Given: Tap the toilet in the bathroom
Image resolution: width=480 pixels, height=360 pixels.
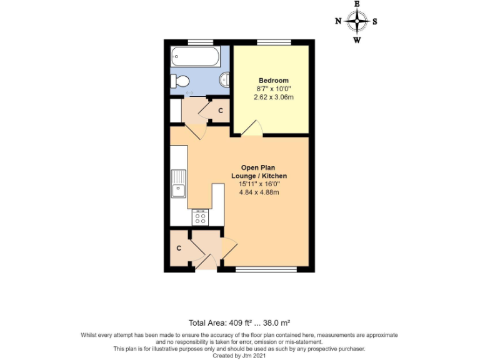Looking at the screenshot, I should (181, 81).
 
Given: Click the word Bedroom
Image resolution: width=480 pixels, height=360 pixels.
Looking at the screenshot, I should (274, 81).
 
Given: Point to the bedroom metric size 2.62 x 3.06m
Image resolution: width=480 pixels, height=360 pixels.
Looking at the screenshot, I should (274, 97).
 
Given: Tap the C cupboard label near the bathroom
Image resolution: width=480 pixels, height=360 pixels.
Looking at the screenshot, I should (220, 111).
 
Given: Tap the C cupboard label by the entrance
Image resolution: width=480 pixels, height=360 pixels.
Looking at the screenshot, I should (179, 248).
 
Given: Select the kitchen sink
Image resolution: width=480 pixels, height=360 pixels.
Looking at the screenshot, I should (179, 182).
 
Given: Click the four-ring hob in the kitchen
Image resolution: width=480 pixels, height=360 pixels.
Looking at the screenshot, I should (201, 217).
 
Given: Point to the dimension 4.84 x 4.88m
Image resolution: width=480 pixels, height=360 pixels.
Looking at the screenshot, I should (258, 192).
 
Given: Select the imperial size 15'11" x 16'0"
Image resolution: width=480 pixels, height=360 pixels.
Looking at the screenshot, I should (258, 184).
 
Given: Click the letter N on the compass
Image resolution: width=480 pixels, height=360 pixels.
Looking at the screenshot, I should (338, 21).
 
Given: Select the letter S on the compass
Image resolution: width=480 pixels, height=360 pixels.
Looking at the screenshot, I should (375, 21).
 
